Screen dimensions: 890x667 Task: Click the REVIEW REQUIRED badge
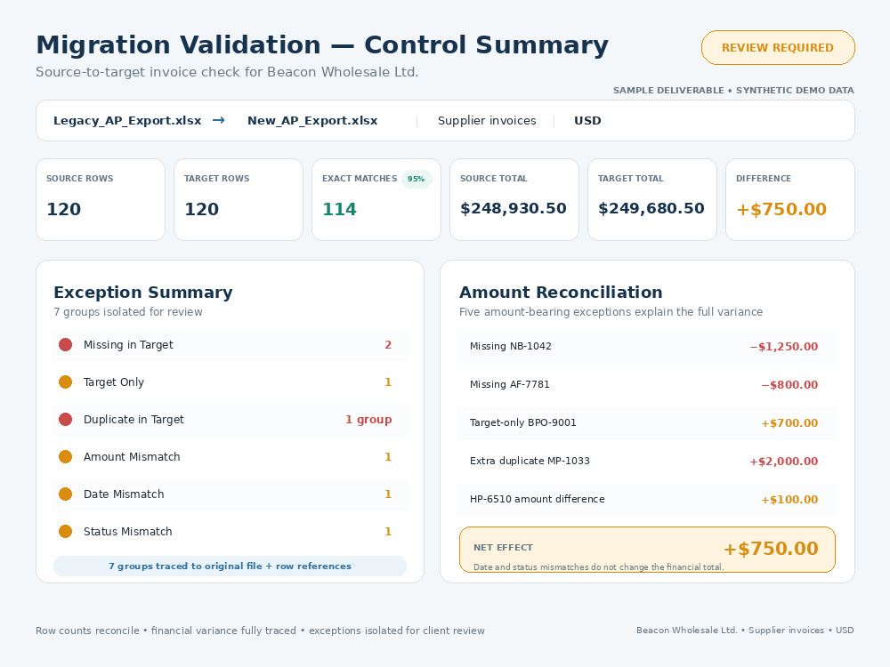778,48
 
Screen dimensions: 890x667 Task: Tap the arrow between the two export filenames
219,120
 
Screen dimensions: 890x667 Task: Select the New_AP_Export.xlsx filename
312,121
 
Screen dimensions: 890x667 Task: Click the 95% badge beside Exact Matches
416,179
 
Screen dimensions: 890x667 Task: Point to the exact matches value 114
339,209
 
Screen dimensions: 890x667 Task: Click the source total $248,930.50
514,209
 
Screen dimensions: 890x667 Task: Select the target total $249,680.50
651,209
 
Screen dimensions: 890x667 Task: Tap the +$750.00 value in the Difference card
781,209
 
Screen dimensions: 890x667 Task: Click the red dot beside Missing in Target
65,345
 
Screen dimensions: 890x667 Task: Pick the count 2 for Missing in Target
388,345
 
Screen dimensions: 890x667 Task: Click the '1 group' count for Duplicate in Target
368,420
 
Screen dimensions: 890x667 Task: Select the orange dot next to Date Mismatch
65,494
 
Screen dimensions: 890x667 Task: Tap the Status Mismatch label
127,532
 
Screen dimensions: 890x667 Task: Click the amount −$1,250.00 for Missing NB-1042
784,347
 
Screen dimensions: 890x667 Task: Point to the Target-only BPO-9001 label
522,422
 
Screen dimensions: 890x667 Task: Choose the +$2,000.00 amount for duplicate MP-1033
784,461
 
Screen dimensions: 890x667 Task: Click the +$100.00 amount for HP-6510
789,500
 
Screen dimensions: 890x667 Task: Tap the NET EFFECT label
503,547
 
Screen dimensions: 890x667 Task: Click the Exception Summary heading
143,292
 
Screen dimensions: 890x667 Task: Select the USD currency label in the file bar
587,121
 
